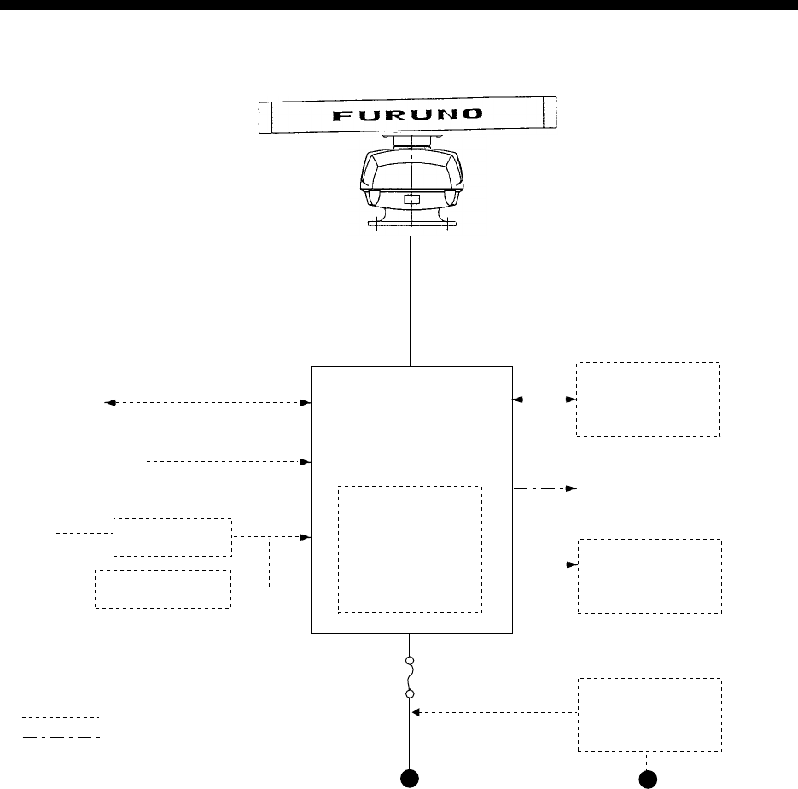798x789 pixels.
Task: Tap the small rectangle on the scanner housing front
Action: tap(411, 201)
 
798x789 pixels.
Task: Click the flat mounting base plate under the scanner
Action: tap(411, 225)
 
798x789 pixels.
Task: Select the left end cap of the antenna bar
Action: tap(265, 116)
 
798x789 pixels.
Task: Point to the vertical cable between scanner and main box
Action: tap(411, 299)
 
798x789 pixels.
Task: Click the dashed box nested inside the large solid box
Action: tap(411, 549)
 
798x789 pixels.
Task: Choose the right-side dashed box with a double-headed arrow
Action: tap(648, 399)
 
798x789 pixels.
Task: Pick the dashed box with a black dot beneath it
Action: tap(649, 715)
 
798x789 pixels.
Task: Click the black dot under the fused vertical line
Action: tap(411, 777)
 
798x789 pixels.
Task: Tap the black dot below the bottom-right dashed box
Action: tap(649, 777)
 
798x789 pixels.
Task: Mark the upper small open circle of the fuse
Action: tap(411, 661)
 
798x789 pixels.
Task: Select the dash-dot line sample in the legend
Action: tap(61, 736)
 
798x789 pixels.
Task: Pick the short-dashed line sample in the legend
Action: tap(61, 718)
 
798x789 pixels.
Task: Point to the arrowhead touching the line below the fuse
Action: tap(417, 712)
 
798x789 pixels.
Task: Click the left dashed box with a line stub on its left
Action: tap(172, 536)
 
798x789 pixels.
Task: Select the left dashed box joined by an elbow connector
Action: tap(162, 589)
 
